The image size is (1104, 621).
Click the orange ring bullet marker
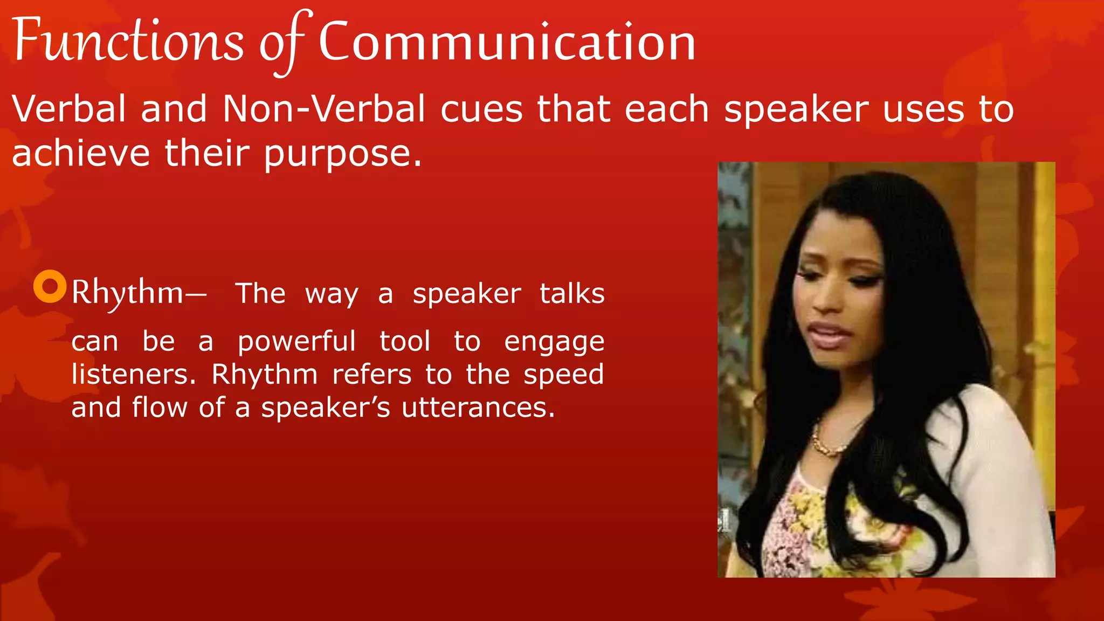point(50,286)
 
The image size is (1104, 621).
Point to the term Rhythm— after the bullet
point(138,293)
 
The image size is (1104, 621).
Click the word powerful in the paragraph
point(296,342)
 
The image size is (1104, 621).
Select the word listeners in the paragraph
point(133,374)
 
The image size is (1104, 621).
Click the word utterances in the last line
point(478,408)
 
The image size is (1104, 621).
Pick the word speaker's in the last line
point(325,408)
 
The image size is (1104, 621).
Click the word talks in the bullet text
point(572,294)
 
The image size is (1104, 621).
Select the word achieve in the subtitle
point(81,153)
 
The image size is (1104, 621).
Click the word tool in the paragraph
point(404,342)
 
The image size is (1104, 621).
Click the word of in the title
point(280,43)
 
